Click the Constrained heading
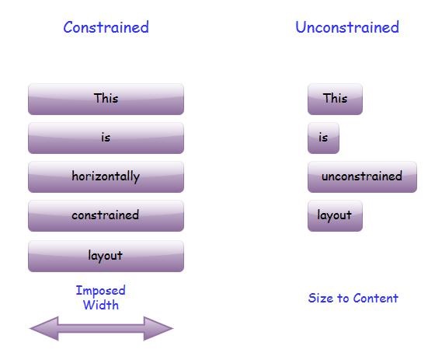coord(106,28)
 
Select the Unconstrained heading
coord(346,28)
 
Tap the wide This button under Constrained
coord(106,99)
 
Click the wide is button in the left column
coord(106,138)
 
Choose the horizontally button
coord(106,177)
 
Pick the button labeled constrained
coord(106,215)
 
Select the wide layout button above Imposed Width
coord(106,255)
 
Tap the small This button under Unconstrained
coord(335,99)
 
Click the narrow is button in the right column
coord(323,138)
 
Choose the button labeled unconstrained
coord(362,177)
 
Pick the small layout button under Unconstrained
coord(335,215)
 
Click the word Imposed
coord(100,291)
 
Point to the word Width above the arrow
coord(101,305)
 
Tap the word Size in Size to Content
coord(321,298)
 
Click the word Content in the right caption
coord(376,298)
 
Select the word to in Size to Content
coord(343,298)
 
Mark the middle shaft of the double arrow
coord(101,329)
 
